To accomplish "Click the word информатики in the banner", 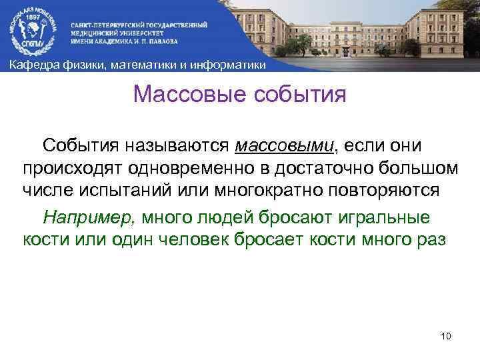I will pos(229,65).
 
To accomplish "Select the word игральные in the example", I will pos(389,217).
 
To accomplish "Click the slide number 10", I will pos(446,335).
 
